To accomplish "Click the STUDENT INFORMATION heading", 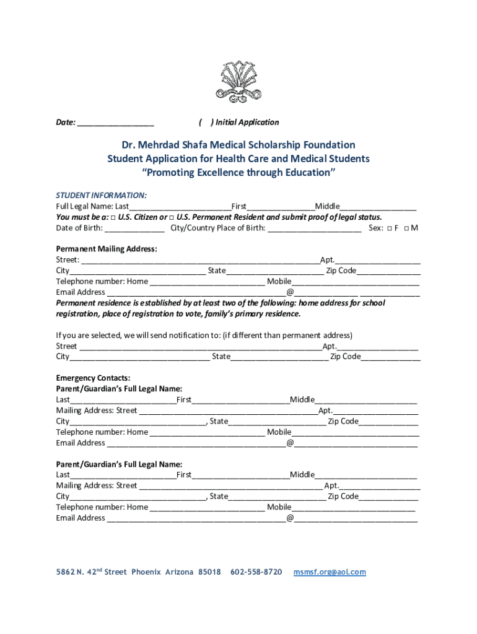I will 102,195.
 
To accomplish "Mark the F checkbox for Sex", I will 388,228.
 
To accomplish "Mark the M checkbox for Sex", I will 406,228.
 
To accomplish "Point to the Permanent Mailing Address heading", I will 107,249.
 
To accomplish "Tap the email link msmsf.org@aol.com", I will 330,572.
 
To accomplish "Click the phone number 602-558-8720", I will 256,572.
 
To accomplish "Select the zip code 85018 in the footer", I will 209,572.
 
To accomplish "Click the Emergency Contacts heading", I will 93,378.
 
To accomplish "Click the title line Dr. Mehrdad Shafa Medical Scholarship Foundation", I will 238,145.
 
